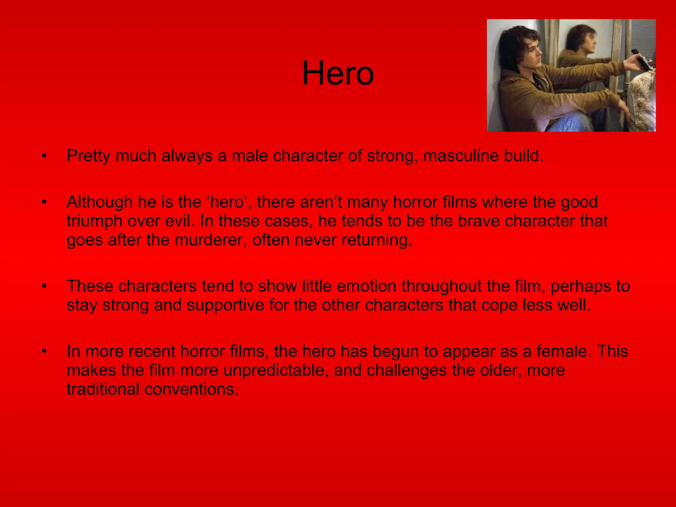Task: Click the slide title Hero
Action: [338, 73]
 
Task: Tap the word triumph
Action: [94, 221]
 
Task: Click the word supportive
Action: [225, 305]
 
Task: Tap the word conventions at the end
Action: [191, 389]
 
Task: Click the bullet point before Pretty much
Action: [44, 156]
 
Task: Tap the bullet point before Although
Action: [44, 202]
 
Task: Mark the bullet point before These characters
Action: [44, 286]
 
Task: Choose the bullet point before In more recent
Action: [44, 351]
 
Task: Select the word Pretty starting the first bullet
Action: [88, 156]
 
